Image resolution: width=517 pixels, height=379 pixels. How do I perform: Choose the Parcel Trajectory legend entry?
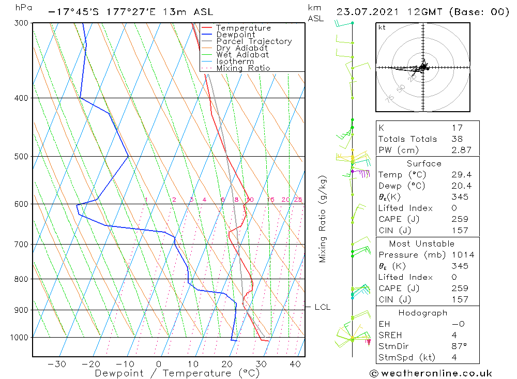pyautogui.click(x=254, y=41)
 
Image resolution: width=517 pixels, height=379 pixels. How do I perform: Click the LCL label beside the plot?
pyautogui.click(x=322, y=307)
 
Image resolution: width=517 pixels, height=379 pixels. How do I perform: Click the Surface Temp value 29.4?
pyautogui.click(x=461, y=175)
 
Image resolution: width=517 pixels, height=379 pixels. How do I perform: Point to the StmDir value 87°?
pyautogui.click(x=458, y=346)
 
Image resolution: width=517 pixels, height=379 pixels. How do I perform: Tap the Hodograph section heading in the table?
pyautogui.click(x=423, y=313)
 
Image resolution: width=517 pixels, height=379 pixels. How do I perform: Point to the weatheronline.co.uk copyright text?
pyautogui.click(x=431, y=373)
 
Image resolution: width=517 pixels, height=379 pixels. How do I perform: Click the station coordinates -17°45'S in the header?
pyautogui.click(x=71, y=12)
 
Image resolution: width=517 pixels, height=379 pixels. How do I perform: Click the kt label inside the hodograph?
pyautogui.click(x=382, y=27)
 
